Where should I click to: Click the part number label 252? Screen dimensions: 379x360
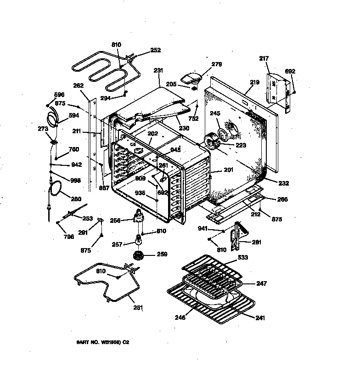coord(156,50)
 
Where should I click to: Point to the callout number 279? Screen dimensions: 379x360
coord(216,64)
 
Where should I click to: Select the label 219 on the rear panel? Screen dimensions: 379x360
coord(255,83)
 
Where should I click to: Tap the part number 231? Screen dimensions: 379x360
coord(158,71)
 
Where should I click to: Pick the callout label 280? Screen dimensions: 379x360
coord(76,199)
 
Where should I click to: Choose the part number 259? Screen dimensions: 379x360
coord(162,254)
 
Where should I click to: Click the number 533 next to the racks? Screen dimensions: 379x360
coord(242,258)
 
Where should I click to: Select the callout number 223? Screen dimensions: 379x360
coord(240,145)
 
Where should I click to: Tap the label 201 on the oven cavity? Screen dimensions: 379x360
coord(228,170)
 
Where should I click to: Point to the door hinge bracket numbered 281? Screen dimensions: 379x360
coord(237,235)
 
